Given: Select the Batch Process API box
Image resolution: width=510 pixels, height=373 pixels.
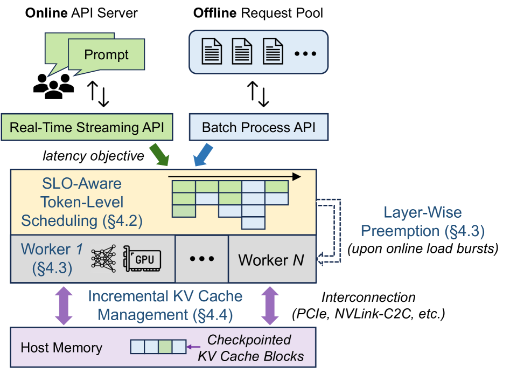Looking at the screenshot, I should click(259, 128).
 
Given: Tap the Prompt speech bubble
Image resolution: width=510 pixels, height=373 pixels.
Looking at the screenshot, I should click(106, 55).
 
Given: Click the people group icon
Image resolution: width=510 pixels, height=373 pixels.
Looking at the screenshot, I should click(53, 85).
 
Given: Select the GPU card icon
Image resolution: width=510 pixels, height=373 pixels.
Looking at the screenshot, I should click(142, 259).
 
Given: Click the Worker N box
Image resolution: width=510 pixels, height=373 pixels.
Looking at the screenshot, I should click(271, 260).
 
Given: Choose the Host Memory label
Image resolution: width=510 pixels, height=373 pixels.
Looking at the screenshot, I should click(61, 348).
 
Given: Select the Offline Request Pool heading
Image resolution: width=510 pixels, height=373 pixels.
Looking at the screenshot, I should click(258, 12).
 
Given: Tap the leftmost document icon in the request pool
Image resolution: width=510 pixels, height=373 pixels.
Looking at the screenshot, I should click(212, 52).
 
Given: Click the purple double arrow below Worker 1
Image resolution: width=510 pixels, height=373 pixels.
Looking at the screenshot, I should click(65, 305).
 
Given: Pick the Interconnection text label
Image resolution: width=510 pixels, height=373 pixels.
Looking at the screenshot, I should click(368, 297).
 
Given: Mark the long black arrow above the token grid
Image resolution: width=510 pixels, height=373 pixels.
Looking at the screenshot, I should click(234, 176).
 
